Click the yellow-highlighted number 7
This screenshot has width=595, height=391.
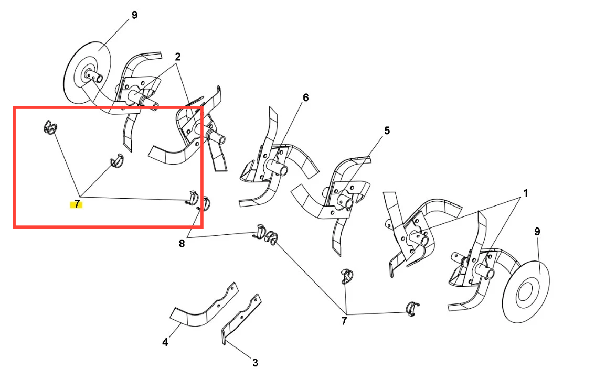(x=77, y=204)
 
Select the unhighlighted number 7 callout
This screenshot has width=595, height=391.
(x=344, y=321)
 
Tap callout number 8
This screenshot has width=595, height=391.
(x=182, y=244)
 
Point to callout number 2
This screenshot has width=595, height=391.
(x=177, y=57)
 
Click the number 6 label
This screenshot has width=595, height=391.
(x=306, y=97)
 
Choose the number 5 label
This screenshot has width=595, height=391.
(x=387, y=131)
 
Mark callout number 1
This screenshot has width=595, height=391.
(x=526, y=193)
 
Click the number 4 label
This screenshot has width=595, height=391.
(x=165, y=342)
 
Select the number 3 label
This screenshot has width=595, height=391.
(x=255, y=363)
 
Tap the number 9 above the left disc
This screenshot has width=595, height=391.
(x=134, y=16)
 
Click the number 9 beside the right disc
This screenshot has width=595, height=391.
(x=537, y=232)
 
